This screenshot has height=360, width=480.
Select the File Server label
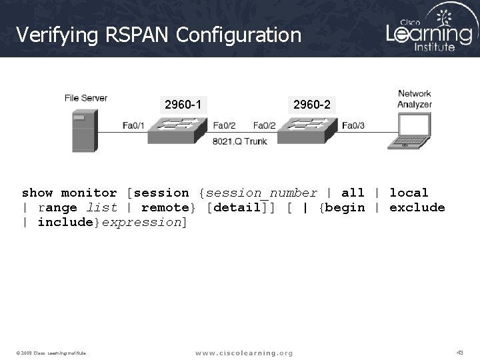tap(86, 98)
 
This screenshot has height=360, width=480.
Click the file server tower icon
tap(83, 131)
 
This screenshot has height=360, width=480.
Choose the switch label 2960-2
tap(311, 104)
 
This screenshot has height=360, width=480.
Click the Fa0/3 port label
tap(353, 125)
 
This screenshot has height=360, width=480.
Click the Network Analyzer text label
tap(415, 99)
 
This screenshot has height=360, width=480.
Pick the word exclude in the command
tap(417, 207)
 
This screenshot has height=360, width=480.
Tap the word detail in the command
tap(237, 207)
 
